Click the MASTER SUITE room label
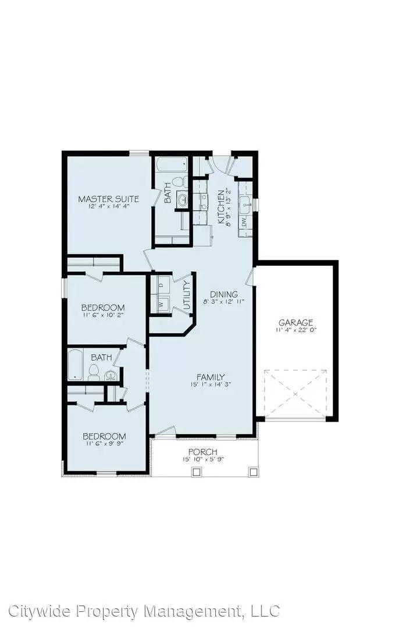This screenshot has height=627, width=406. click(108, 199)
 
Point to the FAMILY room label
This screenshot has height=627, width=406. click(210, 377)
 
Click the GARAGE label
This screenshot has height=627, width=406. click(295, 322)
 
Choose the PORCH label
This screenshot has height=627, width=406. click(202, 452)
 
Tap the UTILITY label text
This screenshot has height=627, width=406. click(187, 293)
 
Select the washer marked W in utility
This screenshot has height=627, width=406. click(160, 304)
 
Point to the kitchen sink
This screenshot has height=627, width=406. click(247, 203)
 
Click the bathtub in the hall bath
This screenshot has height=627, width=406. click(77, 365)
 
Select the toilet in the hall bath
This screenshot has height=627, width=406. click(94, 371)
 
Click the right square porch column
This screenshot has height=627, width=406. click(252, 473)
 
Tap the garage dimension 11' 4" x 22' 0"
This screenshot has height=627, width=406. click(295, 330)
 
